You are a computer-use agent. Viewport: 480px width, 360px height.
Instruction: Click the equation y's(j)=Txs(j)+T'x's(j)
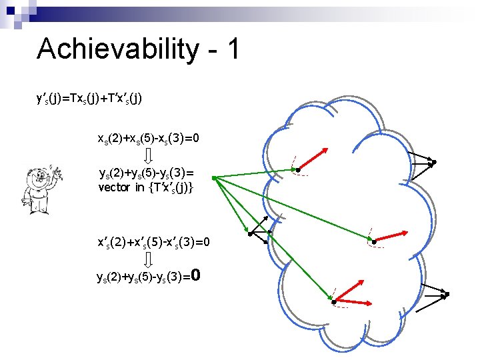[89, 99]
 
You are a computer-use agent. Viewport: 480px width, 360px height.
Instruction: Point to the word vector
[114, 187]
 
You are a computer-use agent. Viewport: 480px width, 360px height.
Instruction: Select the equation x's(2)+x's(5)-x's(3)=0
[153, 241]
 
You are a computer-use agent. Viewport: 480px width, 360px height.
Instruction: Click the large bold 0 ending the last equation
[196, 275]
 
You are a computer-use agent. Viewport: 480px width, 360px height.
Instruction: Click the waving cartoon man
[40, 187]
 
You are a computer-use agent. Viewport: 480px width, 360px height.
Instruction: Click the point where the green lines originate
[212, 177]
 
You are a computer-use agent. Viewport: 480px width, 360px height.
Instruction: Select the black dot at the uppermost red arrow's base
[298, 171]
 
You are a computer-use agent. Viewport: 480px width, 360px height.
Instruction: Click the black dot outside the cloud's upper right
[434, 162]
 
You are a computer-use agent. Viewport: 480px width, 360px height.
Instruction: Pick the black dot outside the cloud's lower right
[447, 294]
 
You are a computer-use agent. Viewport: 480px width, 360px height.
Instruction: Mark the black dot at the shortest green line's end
[248, 233]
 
